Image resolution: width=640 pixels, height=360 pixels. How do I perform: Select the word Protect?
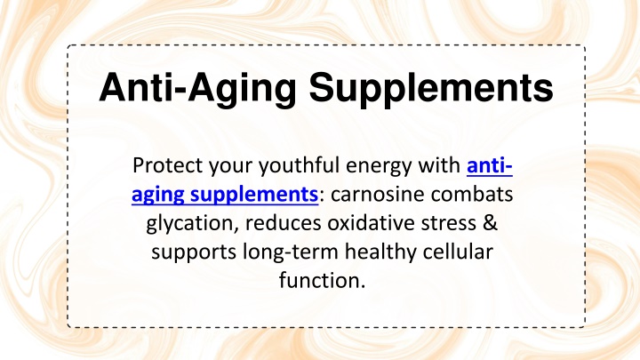pos(167,165)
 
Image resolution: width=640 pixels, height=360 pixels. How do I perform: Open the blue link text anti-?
pos(490,165)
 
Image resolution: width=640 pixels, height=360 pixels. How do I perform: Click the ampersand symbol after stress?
pos(490,223)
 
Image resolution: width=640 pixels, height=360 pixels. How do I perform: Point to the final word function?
pos(322,280)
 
